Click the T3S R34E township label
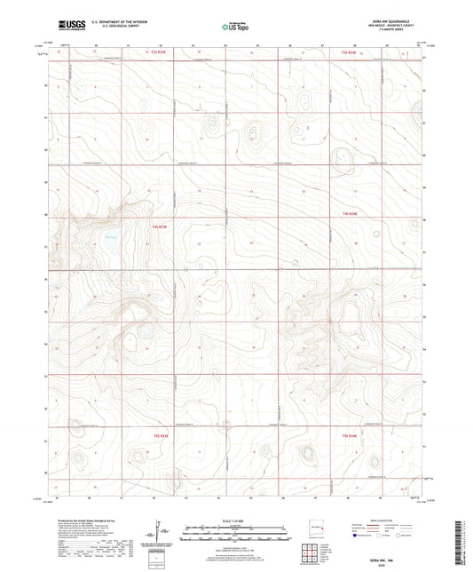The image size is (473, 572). [350, 54]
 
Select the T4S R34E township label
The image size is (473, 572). [350, 214]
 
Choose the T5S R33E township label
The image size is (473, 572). [160, 436]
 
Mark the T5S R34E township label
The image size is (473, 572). [350, 436]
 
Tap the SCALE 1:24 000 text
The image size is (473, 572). [235, 519]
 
